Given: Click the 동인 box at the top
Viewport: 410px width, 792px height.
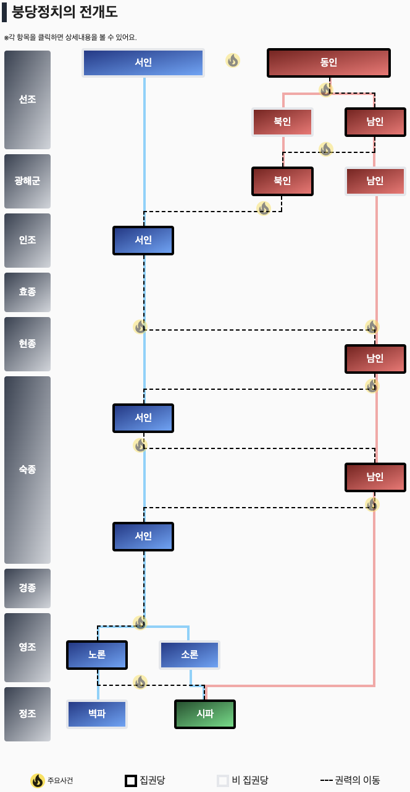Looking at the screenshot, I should (328, 62).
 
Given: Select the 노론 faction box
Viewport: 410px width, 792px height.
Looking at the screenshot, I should (97, 654).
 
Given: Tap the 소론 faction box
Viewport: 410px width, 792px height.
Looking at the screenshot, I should (190, 654).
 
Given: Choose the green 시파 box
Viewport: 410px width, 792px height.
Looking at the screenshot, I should (205, 714).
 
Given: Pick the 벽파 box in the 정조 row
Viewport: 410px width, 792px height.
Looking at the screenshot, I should (97, 714).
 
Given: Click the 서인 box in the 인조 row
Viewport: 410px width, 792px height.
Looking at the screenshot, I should (143, 240).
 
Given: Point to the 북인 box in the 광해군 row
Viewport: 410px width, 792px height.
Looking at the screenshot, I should (282, 181).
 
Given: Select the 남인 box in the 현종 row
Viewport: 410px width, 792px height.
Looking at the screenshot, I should (375, 358).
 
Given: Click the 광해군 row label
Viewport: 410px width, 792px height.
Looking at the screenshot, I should (27, 181).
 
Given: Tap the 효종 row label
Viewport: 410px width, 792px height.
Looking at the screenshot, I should (27, 292).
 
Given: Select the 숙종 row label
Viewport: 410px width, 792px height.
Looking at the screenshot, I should (27, 469).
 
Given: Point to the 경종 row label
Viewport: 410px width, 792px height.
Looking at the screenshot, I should (27, 588).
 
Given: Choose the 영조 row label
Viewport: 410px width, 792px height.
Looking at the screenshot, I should (27, 647).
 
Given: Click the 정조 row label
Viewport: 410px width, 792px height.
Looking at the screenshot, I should (27, 714).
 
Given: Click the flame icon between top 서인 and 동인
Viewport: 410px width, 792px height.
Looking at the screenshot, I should (233, 60).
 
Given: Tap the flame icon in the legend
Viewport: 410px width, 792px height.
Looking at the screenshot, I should (38, 780).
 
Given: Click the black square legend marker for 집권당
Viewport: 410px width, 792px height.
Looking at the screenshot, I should (131, 780).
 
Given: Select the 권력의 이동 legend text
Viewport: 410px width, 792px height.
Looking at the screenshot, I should (358, 780).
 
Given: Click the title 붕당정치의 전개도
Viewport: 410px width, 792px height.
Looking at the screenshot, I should (64, 12).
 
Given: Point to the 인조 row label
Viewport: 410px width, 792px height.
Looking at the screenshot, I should (27, 240).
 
